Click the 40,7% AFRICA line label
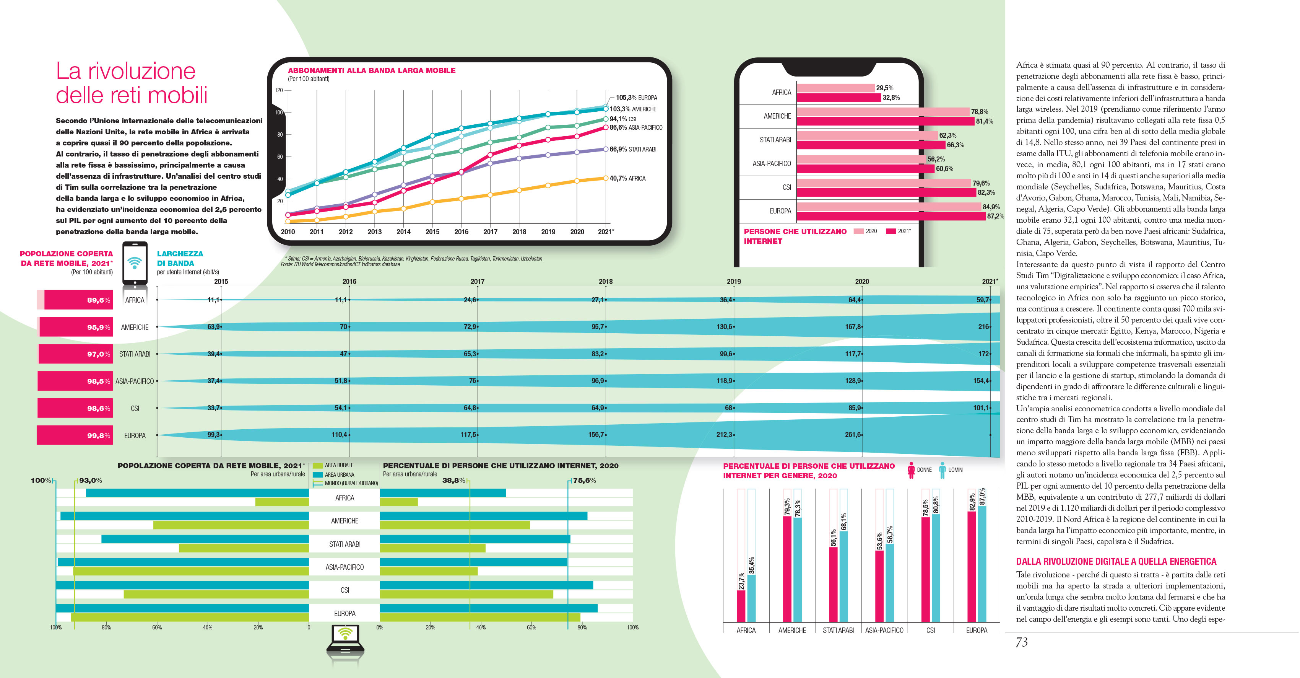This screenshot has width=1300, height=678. point(627,178)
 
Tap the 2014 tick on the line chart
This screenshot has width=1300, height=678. point(403,232)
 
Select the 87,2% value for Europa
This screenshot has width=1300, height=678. point(995,216)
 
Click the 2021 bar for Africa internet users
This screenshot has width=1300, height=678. point(839,98)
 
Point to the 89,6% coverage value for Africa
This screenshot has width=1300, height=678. point(98,300)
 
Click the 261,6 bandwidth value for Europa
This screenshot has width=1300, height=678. point(853,435)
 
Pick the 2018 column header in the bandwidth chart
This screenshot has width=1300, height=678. point(605,281)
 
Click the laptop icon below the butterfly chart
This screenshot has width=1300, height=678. point(345,640)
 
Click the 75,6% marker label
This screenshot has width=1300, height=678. point(584,481)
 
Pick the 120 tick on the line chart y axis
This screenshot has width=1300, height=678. point(279,90)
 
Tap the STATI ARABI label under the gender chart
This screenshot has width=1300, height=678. point(838,630)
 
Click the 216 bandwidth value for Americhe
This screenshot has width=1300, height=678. point(983,327)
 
